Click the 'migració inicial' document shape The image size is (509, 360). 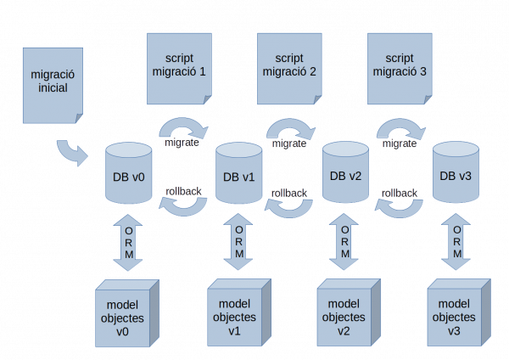[53, 86]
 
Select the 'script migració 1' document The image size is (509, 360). [179, 69]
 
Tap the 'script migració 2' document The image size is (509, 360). [289, 69]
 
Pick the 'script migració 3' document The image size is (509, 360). [400, 69]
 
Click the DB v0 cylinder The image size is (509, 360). [129, 173]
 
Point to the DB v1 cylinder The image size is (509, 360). [239, 173]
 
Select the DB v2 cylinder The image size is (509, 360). [345, 172]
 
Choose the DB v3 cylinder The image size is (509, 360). [456, 172]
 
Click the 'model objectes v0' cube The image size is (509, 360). [127, 313]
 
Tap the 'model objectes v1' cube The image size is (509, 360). [239, 312]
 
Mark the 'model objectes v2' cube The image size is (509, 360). [349, 312]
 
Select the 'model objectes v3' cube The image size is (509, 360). [459, 312]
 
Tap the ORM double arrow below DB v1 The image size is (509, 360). [238, 242]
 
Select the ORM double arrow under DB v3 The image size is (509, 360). [456, 242]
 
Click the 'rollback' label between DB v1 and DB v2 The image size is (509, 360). [289, 194]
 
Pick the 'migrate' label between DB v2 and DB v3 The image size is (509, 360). [400, 143]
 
